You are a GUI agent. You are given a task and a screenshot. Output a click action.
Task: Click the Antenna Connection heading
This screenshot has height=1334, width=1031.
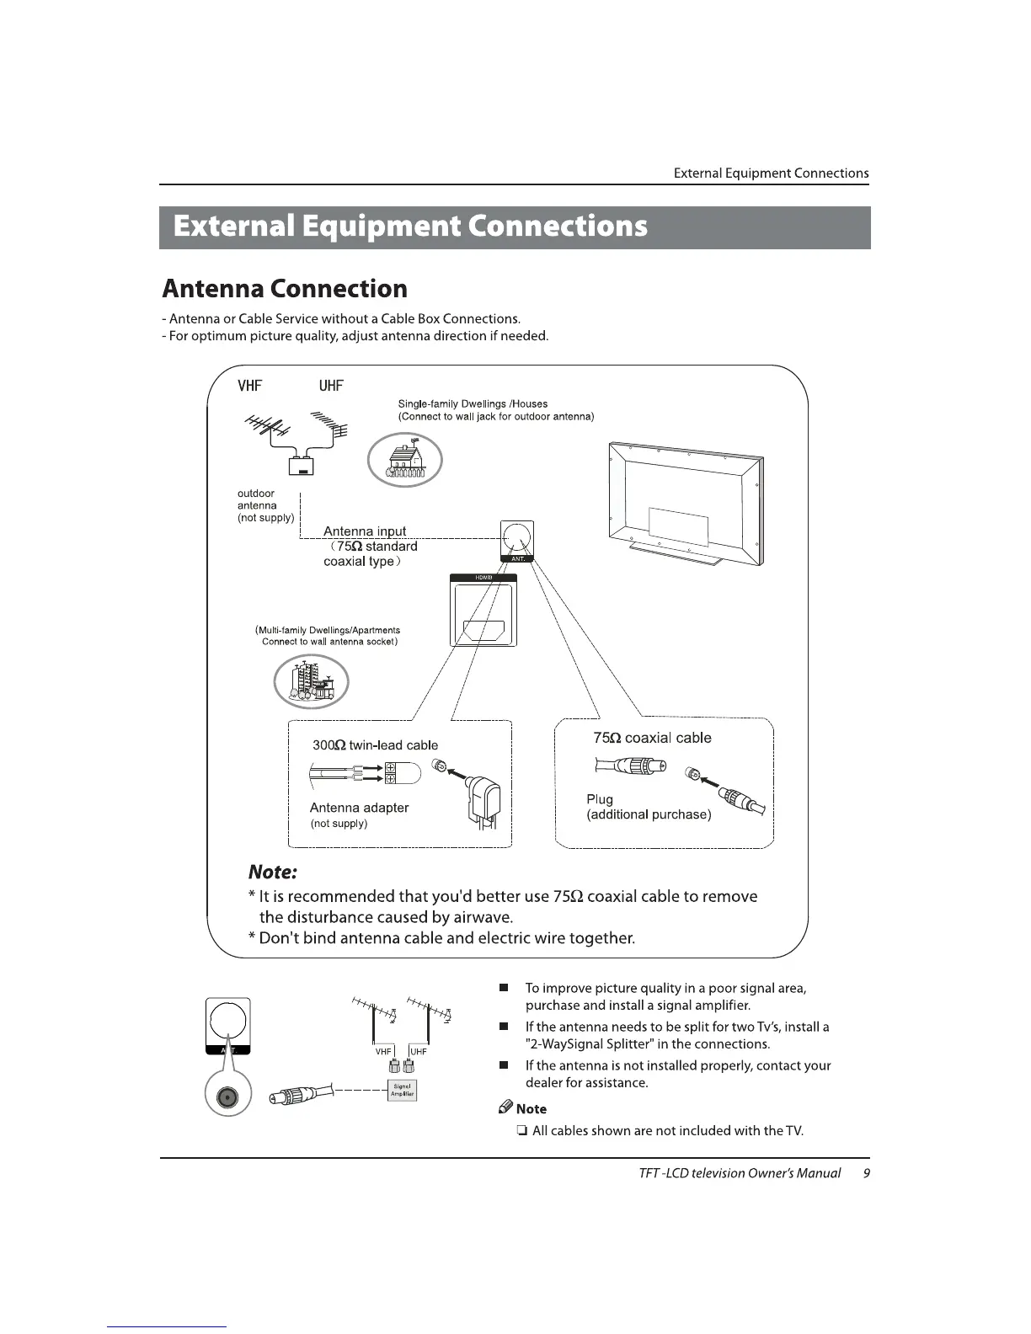[x=285, y=289]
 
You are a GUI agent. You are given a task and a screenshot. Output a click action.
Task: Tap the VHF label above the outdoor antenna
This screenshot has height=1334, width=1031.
[x=249, y=386]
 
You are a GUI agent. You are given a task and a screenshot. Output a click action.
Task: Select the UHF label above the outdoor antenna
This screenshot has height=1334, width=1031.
[x=331, y=386]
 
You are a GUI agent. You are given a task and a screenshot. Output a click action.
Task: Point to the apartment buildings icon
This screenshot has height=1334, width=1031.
[x=311, y=681]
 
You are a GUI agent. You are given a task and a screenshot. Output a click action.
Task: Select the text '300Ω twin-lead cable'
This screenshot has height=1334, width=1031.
[x=375, y=745]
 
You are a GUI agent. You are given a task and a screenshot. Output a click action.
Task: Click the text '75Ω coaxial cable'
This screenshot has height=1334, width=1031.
[x=652, y=738]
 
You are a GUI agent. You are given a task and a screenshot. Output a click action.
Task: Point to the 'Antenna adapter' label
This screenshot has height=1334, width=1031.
[x=359, y=808]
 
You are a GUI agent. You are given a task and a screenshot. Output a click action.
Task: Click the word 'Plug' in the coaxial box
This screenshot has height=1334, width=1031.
[x=600, y=799]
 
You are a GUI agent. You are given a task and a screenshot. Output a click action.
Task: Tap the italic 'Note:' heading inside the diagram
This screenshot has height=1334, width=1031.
[x=273, y=871]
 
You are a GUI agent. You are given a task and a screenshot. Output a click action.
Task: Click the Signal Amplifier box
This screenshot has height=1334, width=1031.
[x=403, y=1091]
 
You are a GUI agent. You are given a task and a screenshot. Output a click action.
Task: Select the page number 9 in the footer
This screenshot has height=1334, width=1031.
[x=867, y=1173]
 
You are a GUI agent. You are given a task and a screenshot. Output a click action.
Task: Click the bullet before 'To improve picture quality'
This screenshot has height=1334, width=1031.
[x=503, y=988]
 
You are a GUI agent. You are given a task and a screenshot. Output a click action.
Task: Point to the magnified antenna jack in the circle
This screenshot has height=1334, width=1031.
[x=227, y=1098]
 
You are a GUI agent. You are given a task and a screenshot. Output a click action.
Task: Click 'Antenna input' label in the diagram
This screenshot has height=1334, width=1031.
[x=365, y=531]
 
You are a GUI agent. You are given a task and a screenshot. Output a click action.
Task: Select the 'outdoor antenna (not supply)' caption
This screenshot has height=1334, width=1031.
[x=264, y=505]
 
